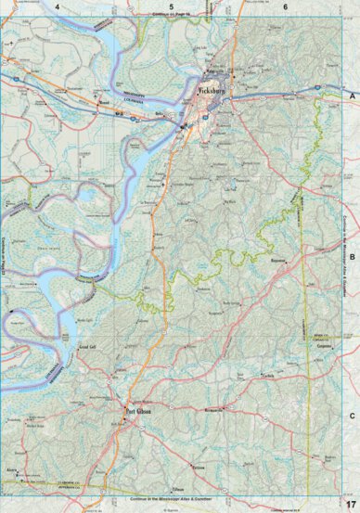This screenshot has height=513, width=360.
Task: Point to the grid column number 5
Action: [172, 6]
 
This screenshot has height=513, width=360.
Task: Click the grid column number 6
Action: [285, 6]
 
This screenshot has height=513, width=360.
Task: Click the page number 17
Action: [349, 503]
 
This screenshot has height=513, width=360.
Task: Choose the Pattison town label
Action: [196, 442]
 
